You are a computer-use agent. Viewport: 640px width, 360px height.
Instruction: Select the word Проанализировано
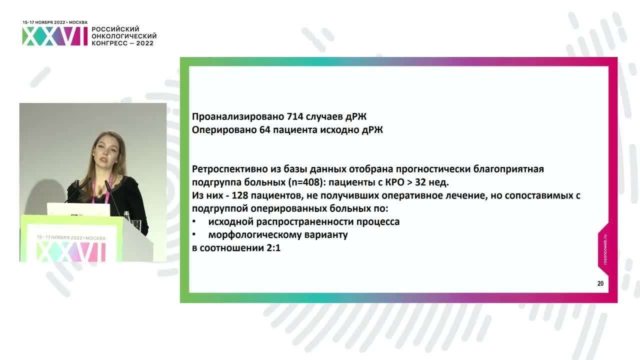[238, 117]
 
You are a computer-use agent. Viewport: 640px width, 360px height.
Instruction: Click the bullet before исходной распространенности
[194, 221]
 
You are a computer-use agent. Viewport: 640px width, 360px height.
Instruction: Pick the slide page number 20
[600, 283]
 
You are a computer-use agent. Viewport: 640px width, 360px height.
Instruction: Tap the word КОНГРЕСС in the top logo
[109, 43]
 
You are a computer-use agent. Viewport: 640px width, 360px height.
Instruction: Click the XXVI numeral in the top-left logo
[54, 36]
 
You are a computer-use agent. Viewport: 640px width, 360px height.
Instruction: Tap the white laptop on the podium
[78, 209]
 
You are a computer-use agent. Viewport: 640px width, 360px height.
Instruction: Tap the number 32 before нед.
[424, 182]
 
